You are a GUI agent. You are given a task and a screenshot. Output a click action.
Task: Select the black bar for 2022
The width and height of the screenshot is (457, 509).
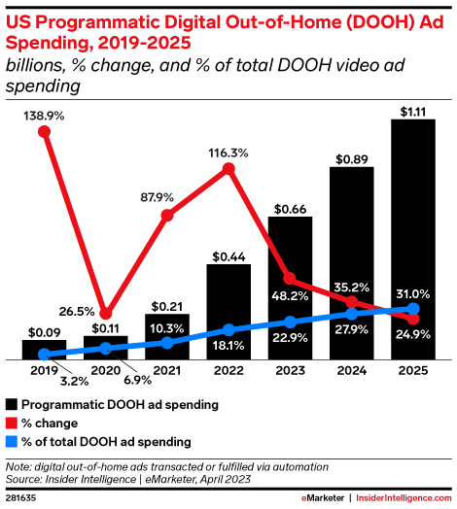228,311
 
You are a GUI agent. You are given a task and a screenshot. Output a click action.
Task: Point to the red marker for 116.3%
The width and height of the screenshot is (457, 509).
228,169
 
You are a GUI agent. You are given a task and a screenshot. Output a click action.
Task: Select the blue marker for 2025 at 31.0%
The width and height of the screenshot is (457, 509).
412,310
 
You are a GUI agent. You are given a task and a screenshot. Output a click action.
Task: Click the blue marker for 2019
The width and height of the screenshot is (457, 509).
44,355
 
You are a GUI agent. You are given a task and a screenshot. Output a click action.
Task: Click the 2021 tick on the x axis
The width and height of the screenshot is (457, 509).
166,370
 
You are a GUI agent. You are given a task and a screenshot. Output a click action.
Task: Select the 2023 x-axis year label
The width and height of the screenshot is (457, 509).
290,370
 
